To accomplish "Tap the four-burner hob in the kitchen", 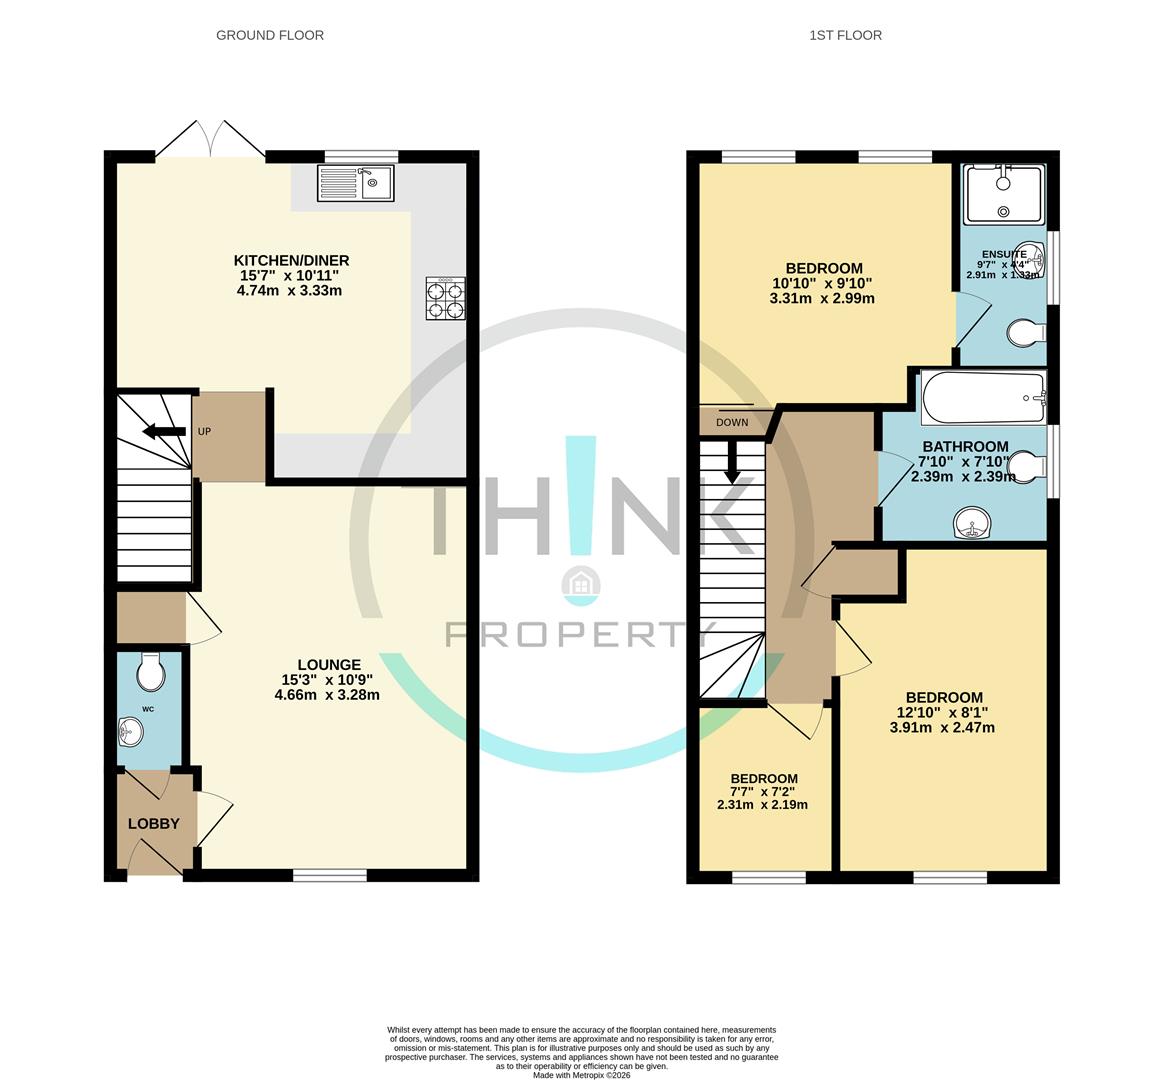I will pyautogui.click(x=446, y=298).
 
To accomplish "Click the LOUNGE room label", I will pyautogui.click(x=329, y=664).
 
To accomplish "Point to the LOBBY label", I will pyautogui.click(x=154, y=824).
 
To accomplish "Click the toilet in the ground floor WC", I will pyautogui.click(x=150, y=673).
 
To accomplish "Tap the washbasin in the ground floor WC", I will pyautogui.click(x=130, y=734).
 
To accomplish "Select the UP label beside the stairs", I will pyautogui.click(x=204, y=432).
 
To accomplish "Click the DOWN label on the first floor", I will pyautogui.click(x=732, y=423).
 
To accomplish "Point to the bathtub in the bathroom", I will pyautogui.click(x=983, y=398).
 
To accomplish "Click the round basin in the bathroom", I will pyautogui.click(x=970, y=523).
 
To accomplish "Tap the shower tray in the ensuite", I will pyautogui.click(x=1003, y=194).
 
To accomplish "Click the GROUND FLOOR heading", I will pyautogui.click(x=270, y=35).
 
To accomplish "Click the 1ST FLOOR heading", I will pyautogui.click(x=845, y=35).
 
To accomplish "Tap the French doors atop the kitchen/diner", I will pyautogui.click(x=210, y=140).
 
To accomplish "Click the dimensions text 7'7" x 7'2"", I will pyautogui.click(x=763, y=792).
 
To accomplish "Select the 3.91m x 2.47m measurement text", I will pyautogui.click(x=942, y=728).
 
